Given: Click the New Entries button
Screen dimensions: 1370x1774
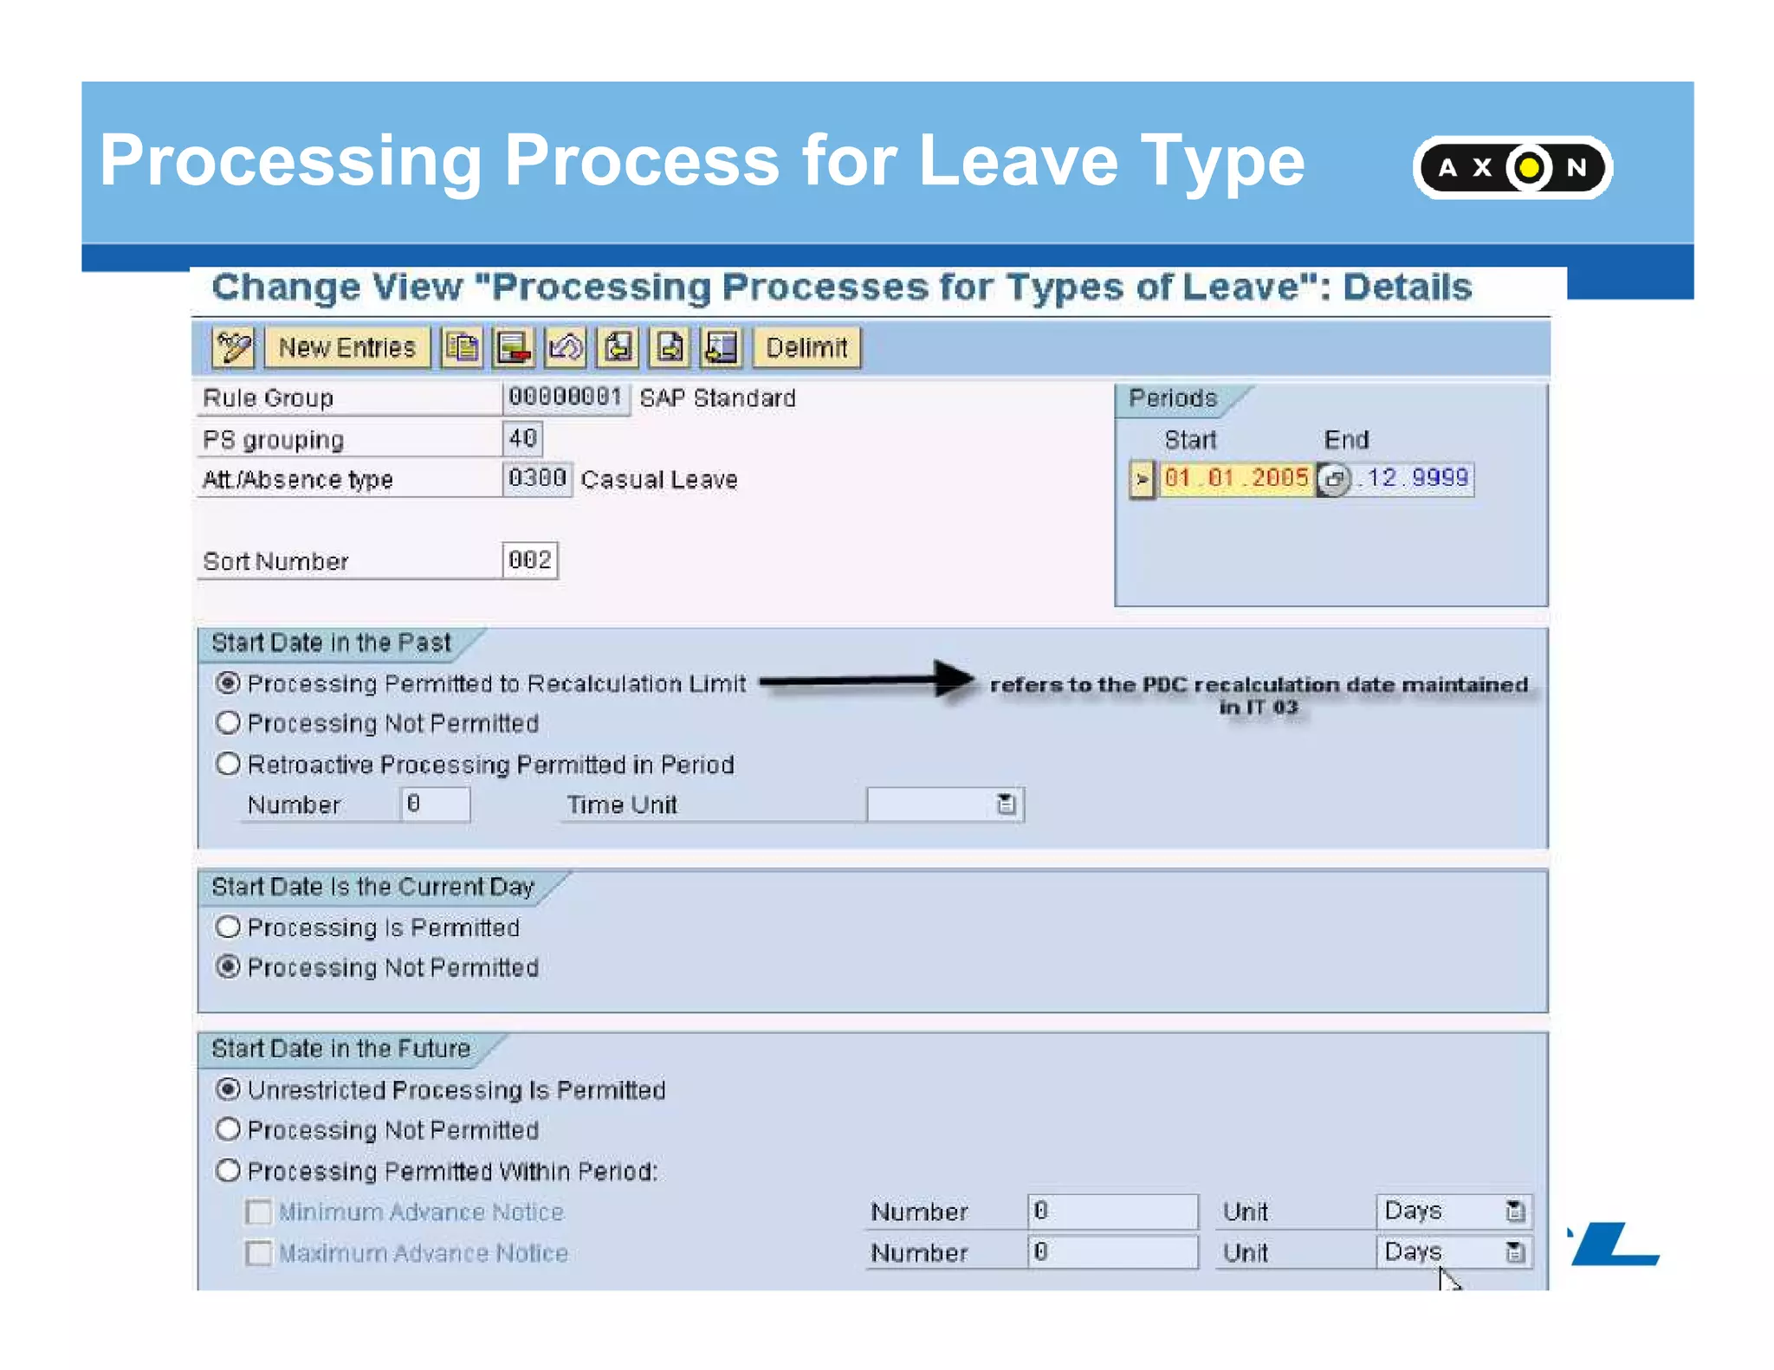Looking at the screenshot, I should [346, 348].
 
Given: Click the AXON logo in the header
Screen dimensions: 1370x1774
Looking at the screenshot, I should [1512, 167].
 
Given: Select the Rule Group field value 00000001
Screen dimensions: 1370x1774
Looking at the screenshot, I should [565, 397].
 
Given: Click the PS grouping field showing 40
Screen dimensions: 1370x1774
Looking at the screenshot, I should [522, 438].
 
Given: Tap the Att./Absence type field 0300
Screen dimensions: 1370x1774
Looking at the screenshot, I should [536, 479].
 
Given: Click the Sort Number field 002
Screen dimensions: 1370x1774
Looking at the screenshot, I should [529, 560].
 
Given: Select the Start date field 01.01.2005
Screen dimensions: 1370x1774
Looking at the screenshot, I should [1235, 478].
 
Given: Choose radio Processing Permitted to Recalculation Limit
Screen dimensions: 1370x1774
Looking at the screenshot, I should [228, 683].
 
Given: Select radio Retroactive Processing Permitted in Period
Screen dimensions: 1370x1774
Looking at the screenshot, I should [228, 764].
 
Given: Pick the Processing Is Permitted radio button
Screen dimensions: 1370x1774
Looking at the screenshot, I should [228, 927].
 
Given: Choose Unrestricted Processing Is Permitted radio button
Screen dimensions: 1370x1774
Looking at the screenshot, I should [228, 1089].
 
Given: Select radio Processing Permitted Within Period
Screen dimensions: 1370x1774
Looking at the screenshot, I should [228, 1171].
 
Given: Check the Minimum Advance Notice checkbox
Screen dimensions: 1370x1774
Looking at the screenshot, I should [258, 1212].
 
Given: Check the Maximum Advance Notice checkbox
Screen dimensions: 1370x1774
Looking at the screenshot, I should [258, 1253].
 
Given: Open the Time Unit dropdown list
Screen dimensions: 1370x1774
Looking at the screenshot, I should [1006, 805].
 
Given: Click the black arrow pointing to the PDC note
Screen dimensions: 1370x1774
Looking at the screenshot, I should [866, 681].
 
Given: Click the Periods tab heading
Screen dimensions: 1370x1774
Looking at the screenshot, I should [1173, 398].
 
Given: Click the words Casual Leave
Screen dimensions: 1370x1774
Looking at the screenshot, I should [659, 480].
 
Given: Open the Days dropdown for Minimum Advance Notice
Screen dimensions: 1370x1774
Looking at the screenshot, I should [1514, 1211].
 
